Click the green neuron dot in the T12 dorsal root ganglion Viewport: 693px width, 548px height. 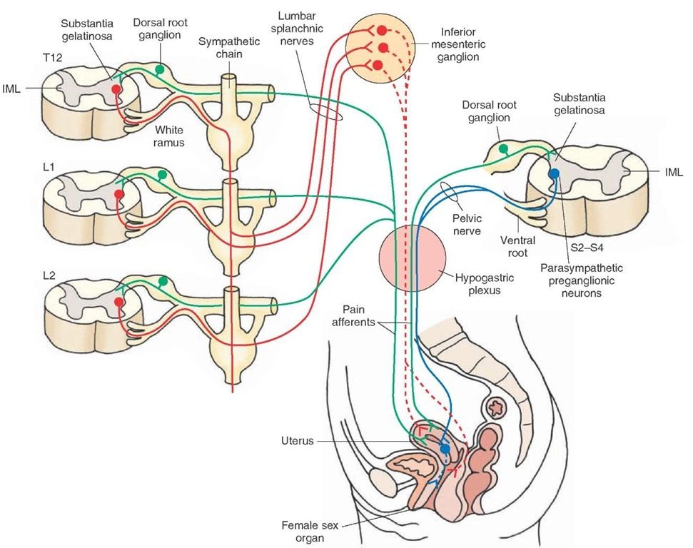(x=161, y=69)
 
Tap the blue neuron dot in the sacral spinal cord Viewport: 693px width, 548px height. (x=553, y=173)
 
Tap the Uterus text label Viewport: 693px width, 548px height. (x=297, y=441)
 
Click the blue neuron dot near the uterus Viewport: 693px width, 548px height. (x=445, y=449)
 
